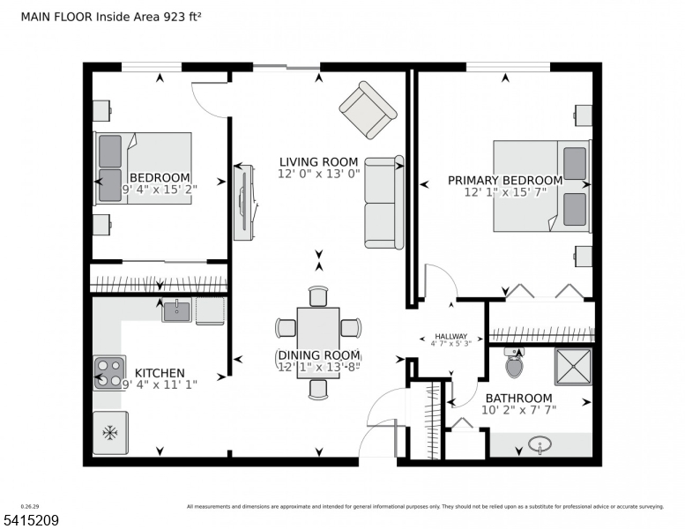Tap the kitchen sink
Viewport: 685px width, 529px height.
pyautogui.click(x=176, y=310)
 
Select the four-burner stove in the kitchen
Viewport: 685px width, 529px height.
pyautogui.click(x=110, y=372)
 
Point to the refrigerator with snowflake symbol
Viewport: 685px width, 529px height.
pyautogui.click(x=110, y=432)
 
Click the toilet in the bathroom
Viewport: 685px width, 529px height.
pyautogui.click(x=513, y=361)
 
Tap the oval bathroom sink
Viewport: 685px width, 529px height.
pyautogui.click(x=540, y=446)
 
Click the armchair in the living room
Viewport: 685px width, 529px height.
pyautogui.click(x=368, y=109)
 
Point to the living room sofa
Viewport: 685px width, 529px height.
pyautogui.click(x=384, y=203)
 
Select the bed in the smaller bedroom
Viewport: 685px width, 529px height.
pyautogui.click(x=143, y=168)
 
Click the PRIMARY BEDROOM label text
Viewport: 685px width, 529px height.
pyautogui.click(x=504, y=180)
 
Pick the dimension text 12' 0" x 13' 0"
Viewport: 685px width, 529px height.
pyautogui.click(x=318, y=174)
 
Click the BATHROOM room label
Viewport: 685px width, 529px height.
pyautogui.click(x=518, y=399)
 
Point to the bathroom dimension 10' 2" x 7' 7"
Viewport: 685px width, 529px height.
pyautogui.click(x=518, y=411)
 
